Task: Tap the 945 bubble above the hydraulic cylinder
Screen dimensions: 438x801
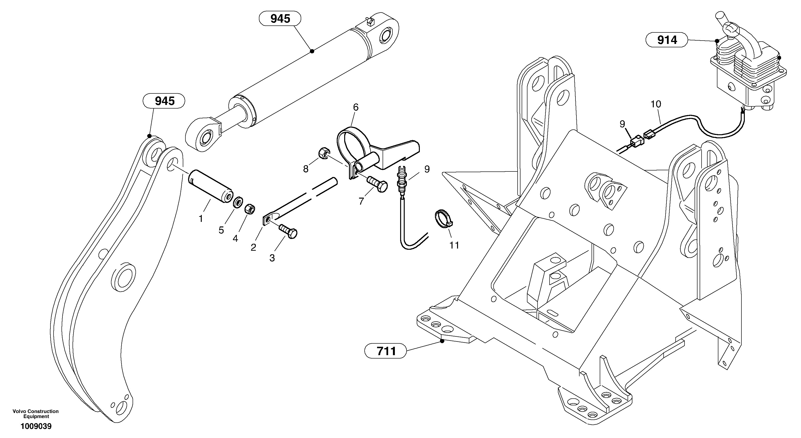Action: click(x=280, y=19)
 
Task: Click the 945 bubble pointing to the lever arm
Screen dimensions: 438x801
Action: click(x=164, y=101)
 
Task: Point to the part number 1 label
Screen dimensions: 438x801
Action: click(x=201, y=219)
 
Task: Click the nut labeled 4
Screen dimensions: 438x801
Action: click(x=250, y=209)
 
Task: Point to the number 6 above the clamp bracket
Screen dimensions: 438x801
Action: click(x=356, y=107)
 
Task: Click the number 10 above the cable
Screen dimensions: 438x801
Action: click(x=656, y=104)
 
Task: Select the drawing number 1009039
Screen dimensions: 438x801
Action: click(x=36, y=426)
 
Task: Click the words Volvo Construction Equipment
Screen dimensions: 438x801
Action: click(x=36, y=414)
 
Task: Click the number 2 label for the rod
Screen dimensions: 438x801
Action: click(x=253, y=247)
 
